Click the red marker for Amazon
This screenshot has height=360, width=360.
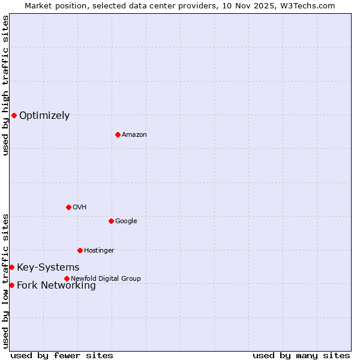(118, 134)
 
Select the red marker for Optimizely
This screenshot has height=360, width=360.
(14, 115)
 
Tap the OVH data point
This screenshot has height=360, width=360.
(68, 207)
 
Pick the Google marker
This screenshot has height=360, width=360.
(111, 221)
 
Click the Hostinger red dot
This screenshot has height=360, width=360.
(80, 250)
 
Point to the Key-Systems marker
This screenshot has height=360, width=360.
(11, 267)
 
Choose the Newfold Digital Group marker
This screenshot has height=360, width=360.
(67, 278)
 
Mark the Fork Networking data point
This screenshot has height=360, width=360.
(11, 285)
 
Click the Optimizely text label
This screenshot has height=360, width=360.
(44, 116)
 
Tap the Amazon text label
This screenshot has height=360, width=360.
(134, 134)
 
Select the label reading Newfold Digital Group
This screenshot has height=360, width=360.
(106, 278)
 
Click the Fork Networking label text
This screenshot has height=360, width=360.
(56, 286)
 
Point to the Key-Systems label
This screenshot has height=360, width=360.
(48, 268)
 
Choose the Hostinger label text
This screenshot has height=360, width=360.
(99, 250)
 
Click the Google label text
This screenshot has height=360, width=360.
(126, 221)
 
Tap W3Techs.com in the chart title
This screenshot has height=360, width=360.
(310, 5)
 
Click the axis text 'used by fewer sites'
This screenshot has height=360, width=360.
(62, 355)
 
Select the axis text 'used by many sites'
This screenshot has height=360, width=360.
(301, 355)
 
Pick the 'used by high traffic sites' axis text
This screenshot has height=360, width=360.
(5, 85)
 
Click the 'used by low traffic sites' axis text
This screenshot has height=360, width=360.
(5, 281)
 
